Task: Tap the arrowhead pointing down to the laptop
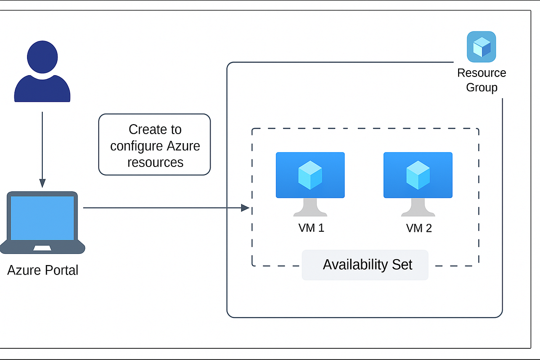click(x=42, y=183)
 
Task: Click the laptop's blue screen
click(x=42, y=218)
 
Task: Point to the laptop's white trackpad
click(x=42, y=248)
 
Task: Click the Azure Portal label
click(x=43, y=270)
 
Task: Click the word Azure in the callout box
click(x=183, y=146)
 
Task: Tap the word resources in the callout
click(x=155, y=162)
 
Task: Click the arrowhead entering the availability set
click(x=245, y=208)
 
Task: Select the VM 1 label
click(x=311, y=228)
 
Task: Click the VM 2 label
click(x=418, y=228)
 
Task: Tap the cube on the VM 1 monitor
click(x=310, y=175)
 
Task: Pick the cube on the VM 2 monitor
click(x=418, y=175)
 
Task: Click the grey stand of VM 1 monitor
click(x=310, y=208)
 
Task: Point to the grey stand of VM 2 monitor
click(x=418, y=208)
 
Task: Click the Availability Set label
click(x=367, y=265)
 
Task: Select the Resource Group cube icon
click(x=481, y=47)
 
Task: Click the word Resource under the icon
click(x=481, y=73)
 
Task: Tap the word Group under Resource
click(x=481, y=87)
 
